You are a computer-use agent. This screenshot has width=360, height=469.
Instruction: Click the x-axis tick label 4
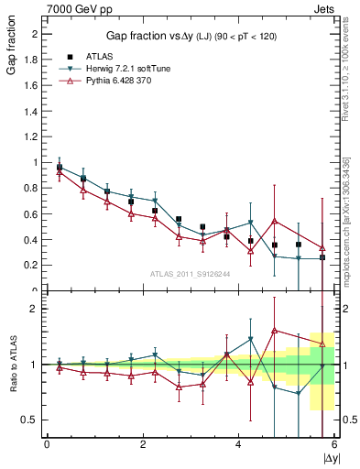click(238, 444)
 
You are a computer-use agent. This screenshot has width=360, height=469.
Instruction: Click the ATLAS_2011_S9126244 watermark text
click(191, 273)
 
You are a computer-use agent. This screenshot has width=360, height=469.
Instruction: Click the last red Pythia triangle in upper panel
click(322, 247)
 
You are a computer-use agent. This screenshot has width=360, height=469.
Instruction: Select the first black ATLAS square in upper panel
click(60, 167)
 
